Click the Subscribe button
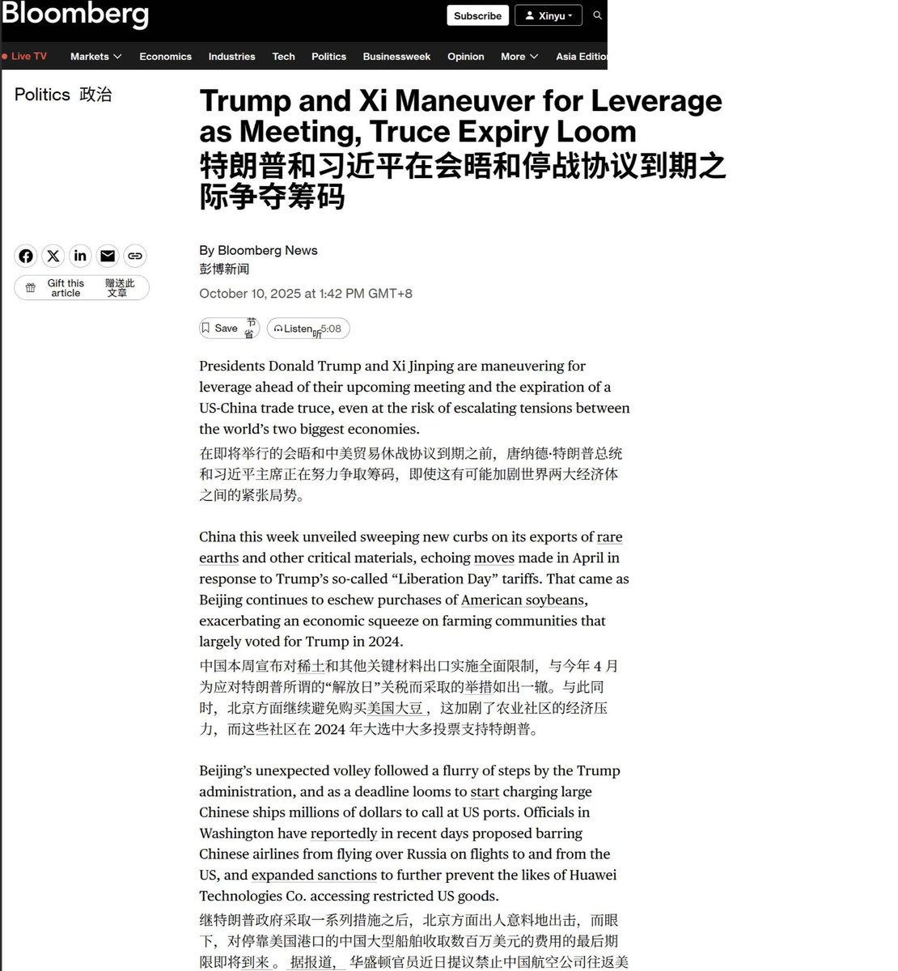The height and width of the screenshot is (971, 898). pos(477,15)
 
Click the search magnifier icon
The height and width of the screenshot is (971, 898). pos(597,15)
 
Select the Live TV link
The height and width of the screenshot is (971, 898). pos(26,57)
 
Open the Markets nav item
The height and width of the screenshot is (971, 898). pos(95,57)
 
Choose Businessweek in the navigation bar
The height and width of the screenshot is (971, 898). pos(396,57)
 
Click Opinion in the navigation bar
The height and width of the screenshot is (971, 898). pos(465,57)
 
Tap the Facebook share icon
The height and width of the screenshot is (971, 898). pos(26,256)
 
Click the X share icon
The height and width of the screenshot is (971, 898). pos(53,256)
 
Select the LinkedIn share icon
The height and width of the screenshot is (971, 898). pos(80,256)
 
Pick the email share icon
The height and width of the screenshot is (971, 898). pos(108,256)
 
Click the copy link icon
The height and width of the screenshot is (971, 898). pos(135,256)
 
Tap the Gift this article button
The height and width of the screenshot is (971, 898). pos(81,288)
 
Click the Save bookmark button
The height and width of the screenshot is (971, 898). pos(228,328)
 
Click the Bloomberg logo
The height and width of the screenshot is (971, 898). pos(74,15)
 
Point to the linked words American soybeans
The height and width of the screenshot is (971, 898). pos(523,600)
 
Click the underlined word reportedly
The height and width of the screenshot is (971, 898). pos(344,833)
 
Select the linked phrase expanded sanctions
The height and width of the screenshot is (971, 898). pos(314,875)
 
